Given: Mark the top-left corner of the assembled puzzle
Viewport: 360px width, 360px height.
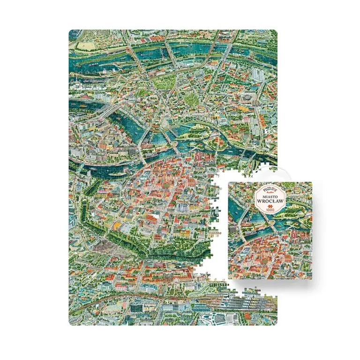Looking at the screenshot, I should [x=70, y=31].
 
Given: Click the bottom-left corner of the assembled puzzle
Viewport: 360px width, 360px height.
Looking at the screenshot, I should [x=70, y=325].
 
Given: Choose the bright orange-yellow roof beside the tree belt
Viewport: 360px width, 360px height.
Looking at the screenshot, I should [x=114, y=225].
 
